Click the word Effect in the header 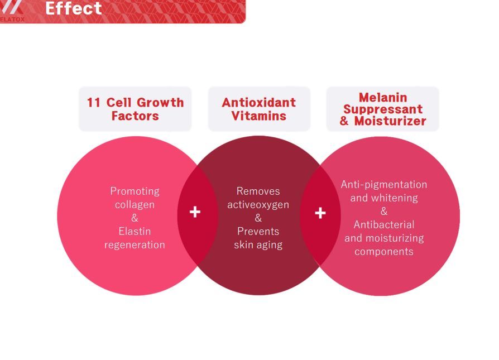(x=74, y=8)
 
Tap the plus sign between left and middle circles (x=195, y=212)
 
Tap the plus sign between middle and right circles (x=320, y=213)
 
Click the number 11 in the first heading (x=94, y=103)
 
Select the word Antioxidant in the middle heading (x=259, y=103)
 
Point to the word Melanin (x=383, y=98)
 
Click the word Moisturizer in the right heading (x=390, y=121)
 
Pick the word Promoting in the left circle (x=135, y=191)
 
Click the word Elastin (x=135, y=231)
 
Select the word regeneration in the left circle (x=135, y=245)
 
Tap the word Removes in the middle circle (x=258, y=191)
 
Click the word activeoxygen (x=258, y=205)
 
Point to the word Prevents (x=258, y=231)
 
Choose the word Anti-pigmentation (x=384, y=185)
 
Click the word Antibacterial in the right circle (x=384, y=225)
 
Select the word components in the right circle (x=384, y=252)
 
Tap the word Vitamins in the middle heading (x=259, y=116)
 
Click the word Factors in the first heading (x=135, y=116)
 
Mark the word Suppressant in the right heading (x=383, y=109)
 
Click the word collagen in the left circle (x=135, y=205)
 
